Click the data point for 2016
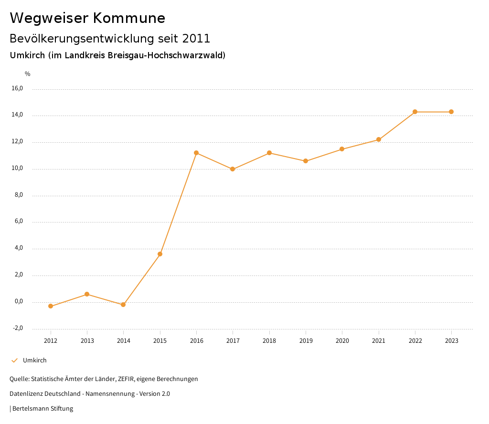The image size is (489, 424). pos(196,153)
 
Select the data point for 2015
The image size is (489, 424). pos(160,254)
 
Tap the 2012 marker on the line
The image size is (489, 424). pos(51,306)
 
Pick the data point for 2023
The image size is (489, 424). pos(451,112)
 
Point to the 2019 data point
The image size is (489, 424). pos(306,161)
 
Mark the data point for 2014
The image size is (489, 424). pos(123,305)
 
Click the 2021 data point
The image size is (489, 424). pos(379,139)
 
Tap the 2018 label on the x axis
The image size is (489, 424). pos(269,341)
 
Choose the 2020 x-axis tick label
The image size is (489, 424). pos(342,341)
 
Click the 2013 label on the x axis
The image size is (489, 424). pos(87,341)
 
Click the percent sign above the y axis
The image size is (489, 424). pos(28,74)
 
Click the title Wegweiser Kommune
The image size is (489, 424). pos(87,18)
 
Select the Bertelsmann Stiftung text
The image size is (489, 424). pos(43,409)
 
